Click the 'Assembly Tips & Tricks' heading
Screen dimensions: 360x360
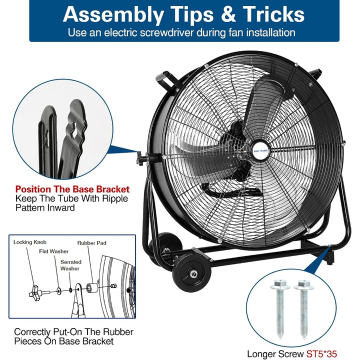(183, 14)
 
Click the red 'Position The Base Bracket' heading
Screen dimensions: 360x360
(72, 189)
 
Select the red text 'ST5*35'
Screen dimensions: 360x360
(321, 354)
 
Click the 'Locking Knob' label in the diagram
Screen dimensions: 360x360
(30, 242)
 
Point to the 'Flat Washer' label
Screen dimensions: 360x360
(53, 251)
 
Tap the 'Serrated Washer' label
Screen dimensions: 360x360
(70, 265)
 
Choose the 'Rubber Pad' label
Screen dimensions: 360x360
(92, 243)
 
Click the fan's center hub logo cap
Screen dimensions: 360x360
(261, 150)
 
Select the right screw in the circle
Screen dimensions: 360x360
(303, 309)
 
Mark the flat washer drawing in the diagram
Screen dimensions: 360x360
(59, 291)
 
